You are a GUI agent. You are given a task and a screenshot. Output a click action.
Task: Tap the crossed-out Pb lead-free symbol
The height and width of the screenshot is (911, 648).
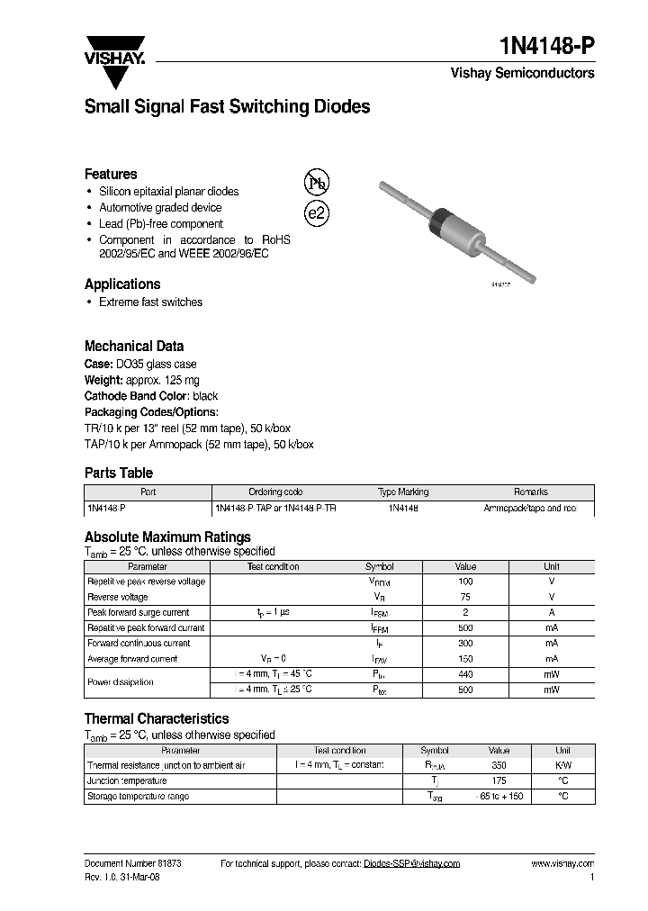point(317,184)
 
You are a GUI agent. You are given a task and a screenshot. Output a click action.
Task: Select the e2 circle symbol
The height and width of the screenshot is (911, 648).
point(317,214)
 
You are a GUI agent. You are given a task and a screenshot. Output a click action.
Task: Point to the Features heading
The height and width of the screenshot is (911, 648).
point(111,174)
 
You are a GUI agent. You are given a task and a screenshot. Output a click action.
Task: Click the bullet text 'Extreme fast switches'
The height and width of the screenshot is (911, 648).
point(150,302)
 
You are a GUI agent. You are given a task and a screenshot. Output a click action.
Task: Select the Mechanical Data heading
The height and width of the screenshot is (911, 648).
point(134,346)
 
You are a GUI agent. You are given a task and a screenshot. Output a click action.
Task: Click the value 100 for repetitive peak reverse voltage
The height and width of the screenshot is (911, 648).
point(465,582)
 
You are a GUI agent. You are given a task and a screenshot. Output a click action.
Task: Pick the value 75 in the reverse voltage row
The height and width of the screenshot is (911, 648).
point(465,597)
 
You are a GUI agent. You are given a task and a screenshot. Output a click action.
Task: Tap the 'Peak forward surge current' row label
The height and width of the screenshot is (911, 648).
point(138,612)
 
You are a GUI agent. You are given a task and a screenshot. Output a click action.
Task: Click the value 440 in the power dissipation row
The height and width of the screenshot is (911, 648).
point(465,674)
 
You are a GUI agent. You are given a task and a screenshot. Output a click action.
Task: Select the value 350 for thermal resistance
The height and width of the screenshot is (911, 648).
point(499,765)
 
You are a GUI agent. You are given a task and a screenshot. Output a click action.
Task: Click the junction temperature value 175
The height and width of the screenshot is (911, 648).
point(499,780)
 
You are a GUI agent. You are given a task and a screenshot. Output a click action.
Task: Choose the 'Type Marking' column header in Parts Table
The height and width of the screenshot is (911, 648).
point(403,492)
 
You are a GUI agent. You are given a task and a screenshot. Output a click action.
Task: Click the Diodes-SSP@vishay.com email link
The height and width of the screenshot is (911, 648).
point(411,863)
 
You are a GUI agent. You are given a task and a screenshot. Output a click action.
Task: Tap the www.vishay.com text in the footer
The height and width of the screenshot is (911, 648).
point(562,863)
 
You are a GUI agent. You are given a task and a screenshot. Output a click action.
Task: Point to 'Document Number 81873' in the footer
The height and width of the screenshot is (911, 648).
point(132,863)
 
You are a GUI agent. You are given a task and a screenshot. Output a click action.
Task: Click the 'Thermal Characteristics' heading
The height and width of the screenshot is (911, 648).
point(157,718)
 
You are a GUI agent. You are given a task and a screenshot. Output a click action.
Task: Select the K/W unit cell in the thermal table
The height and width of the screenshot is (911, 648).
point(562,765)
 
